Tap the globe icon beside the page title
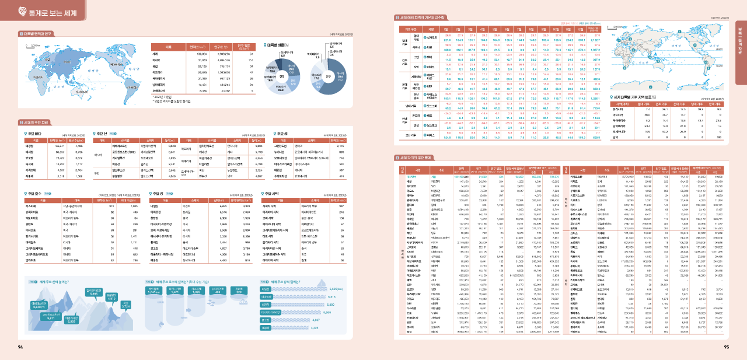click(21, 10)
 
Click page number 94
click(20, 347)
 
